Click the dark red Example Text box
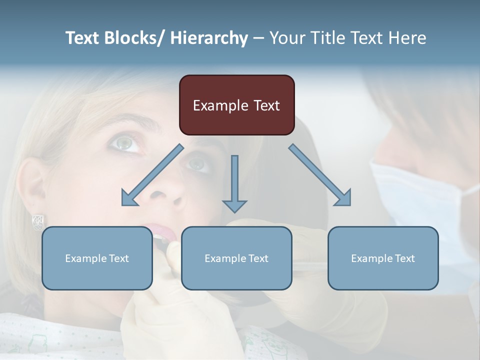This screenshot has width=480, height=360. [236, 105]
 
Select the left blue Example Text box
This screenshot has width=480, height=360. [97, 258]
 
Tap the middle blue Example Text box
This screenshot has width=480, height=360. [236, 258]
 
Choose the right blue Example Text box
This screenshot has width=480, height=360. [383, 258]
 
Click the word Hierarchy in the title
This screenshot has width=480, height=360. [209, 38]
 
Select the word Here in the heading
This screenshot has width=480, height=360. [407, 38]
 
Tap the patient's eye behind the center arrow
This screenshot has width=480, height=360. [198, 163]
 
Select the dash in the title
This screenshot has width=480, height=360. [258, 38]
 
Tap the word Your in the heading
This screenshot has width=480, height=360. [286, 38]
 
